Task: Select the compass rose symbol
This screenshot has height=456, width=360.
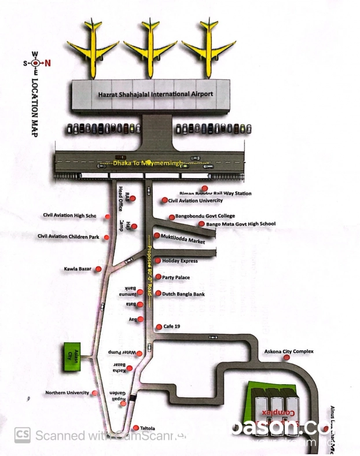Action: [35, 64]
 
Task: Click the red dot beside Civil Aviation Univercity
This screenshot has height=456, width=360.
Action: [165, 200]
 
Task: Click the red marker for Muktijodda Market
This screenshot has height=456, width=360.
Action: [156, 236]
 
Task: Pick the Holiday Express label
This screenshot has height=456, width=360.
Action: [180, 260]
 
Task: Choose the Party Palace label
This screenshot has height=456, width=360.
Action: [177, 277]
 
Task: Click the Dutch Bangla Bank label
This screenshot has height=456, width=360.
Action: [183, 294]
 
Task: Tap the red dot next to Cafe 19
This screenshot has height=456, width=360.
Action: [157, 327]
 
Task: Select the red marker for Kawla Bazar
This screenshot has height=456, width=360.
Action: [98, 269]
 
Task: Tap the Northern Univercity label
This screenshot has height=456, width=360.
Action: [67, 393]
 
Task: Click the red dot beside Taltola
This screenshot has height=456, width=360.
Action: [135, 428]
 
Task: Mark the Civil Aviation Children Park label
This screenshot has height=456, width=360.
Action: [69, 236]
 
